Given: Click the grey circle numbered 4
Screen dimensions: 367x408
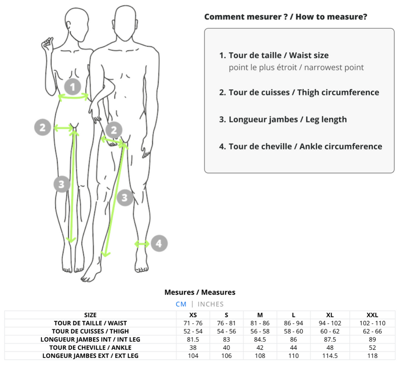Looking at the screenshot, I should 158,243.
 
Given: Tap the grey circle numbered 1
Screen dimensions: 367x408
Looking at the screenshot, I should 73,86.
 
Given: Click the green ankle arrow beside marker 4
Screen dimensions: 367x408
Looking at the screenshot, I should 142,244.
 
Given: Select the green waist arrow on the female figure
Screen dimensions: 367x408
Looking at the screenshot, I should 73,96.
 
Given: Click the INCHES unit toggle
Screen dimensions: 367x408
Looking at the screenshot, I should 210,304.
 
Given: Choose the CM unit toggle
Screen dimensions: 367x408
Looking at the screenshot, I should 181,304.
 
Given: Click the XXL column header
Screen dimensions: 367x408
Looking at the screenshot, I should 372,315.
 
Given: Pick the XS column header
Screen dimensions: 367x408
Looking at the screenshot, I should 193,315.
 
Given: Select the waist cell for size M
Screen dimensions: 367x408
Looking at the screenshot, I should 260,323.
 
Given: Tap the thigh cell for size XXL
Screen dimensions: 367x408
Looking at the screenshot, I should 372,331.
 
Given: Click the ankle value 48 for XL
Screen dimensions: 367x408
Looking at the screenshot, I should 330,348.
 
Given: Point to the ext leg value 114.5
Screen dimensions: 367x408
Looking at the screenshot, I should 330,356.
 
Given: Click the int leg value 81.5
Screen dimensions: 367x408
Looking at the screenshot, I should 193,339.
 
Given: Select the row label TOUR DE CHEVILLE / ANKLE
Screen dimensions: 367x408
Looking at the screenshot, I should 90,348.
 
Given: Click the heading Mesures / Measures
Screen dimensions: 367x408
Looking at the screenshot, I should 200,292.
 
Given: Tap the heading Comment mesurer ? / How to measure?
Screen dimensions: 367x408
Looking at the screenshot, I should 286,17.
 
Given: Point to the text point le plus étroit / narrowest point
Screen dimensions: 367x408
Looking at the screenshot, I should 296,68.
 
